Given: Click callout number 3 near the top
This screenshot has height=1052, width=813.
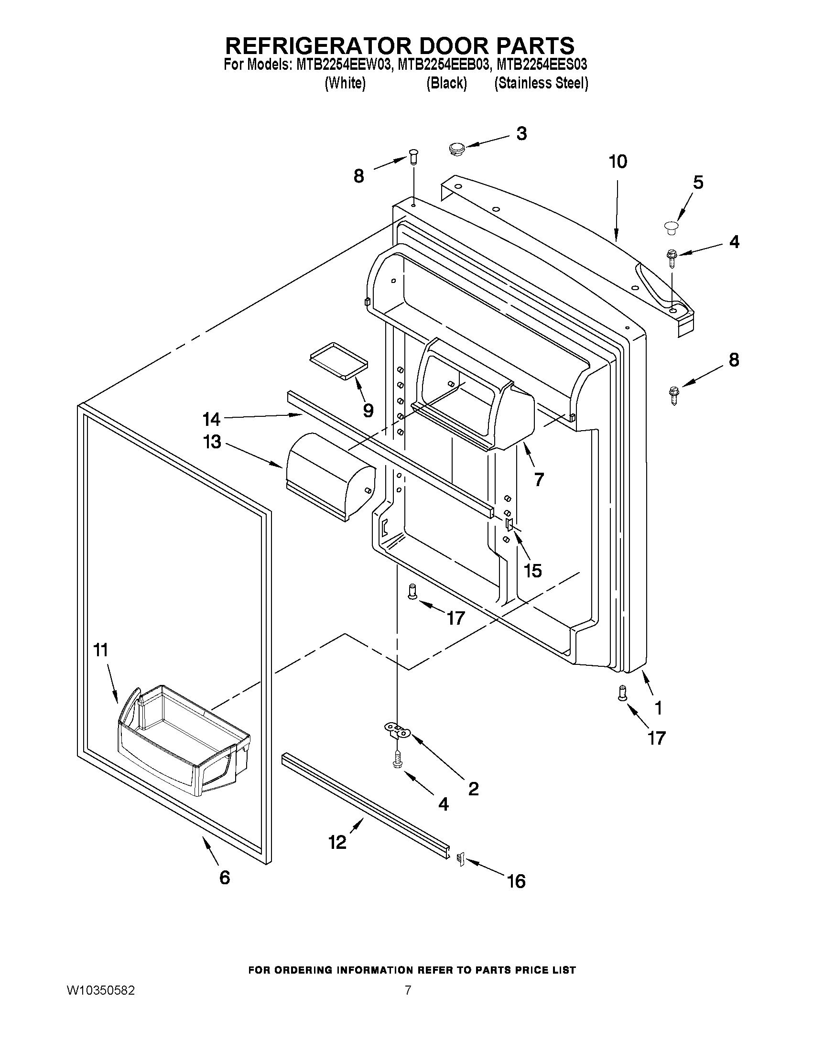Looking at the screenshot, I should coord(521,133).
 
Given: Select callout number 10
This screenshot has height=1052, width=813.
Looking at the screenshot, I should coord(618,162).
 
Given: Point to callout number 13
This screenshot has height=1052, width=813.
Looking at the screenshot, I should coord(212,442).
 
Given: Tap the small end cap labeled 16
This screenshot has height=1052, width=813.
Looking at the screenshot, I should coord(460,857).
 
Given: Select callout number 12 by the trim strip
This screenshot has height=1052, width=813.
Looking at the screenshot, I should coord(337,843).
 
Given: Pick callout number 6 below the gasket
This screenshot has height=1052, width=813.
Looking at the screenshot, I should coord(225,878).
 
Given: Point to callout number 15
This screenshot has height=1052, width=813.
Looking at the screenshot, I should coord(533,570).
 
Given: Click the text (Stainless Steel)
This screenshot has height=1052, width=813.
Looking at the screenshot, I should coord(541,83).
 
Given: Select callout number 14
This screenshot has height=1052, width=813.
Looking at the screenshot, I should coord(211,419).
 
